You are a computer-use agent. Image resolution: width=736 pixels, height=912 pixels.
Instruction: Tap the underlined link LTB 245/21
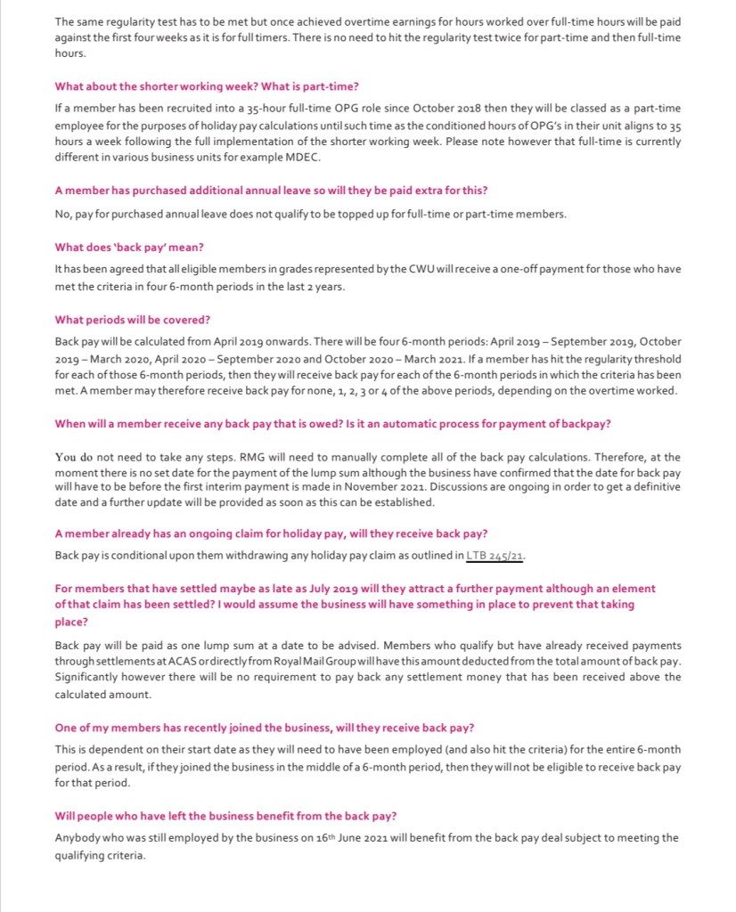tap(495, 556)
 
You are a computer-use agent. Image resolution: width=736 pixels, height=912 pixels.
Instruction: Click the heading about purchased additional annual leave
tap(271, 191)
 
